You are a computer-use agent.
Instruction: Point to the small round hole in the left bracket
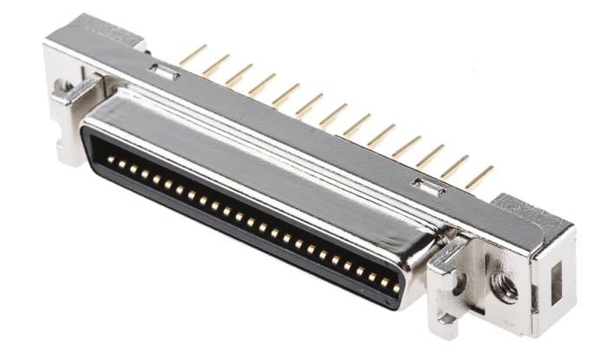coord(62,86)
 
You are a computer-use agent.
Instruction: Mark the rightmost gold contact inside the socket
coord(396,287)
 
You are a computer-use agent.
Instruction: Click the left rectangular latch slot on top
coord(162,73)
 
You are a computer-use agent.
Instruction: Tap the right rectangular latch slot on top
coord(428,185)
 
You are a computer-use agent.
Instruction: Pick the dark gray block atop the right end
coord(531,213)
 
